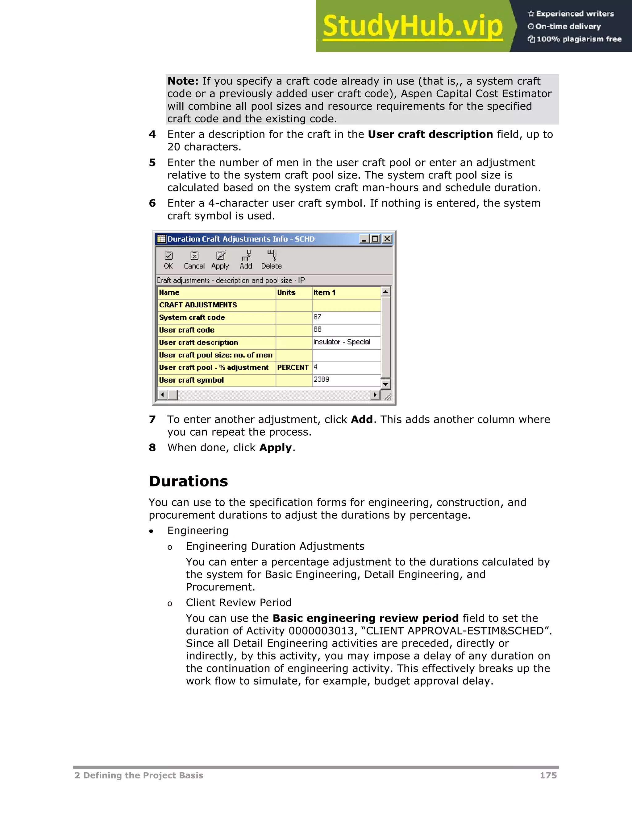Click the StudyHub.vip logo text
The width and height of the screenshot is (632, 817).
click(x=412, y=26)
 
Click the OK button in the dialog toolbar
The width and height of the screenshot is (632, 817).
click(x=168, y=260)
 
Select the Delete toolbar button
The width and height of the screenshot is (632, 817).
click(x=272, y=260)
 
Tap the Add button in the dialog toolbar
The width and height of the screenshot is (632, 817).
click(x=246, y=260)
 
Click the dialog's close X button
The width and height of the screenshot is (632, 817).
click(x=387, y=239)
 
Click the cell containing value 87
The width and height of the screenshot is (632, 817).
click(x=346, y=317)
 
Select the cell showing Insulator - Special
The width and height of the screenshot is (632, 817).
click(x=346, y=342)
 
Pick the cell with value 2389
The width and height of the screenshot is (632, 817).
click(x=346, y=380)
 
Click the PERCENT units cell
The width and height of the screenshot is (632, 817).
click(x=293, y=367)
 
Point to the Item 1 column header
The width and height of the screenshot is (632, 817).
click(x=346, y=293)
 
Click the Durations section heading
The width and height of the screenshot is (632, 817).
click(x=188, y=481)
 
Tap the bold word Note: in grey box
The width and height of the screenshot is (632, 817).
click(x=183, y=81)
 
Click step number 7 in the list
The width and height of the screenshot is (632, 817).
click(x=152, y=419)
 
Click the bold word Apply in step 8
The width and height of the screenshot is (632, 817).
click(x=275, y=448)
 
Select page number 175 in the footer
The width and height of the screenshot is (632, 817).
click(x=548, y=775)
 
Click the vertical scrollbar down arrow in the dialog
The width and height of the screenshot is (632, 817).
click(x=385, y=384)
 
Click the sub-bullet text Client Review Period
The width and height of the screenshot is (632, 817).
click(x=239, y=603)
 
